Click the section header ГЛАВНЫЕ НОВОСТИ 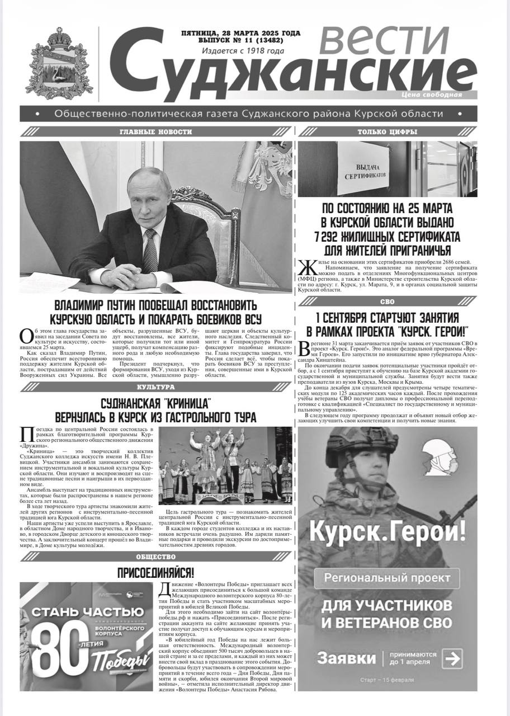point(155,132)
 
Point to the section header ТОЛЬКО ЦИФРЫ point(387,132)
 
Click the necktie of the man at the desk point(149,249)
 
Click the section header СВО point(387,302)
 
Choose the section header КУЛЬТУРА point(155,387)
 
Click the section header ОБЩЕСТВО point(155,557)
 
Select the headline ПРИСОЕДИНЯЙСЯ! point(155,573)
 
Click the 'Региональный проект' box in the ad point(387,577)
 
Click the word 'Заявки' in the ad point(346,657)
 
